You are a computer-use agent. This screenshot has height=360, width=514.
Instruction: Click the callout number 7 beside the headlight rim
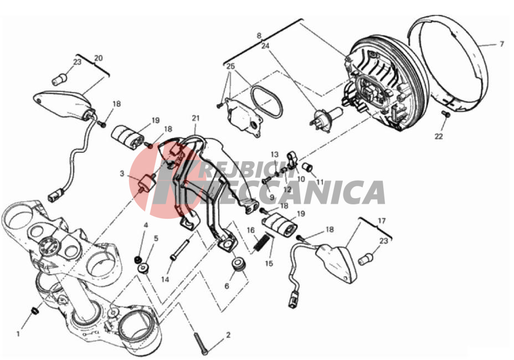tap(502, 44)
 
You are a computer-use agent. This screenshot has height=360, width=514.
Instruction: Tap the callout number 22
tap(439, 136)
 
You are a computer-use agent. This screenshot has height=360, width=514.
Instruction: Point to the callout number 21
tap(196, 118)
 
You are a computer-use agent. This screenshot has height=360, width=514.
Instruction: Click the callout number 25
tap(231, 66)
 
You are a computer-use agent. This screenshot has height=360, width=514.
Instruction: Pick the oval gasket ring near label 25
tap(266, 101)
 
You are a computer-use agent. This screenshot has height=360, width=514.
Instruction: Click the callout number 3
tap(122, 173)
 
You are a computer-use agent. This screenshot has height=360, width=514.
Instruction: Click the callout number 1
tap(18, 334)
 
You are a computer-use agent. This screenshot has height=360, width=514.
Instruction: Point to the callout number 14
tap(165, 279)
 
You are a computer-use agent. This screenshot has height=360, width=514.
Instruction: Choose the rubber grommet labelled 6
tap(238, 264)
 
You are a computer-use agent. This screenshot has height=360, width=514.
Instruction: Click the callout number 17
tap(382, 222)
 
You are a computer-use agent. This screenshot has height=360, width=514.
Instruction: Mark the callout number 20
tap(99, 58)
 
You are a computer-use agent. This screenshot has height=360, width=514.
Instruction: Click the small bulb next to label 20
tap(60, 79)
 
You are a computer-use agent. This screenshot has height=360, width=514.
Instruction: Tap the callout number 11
tap(320, 182)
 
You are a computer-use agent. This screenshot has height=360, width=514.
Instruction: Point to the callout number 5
tap(156, 238)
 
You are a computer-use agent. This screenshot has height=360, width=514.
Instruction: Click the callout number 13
tap(274, 155)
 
